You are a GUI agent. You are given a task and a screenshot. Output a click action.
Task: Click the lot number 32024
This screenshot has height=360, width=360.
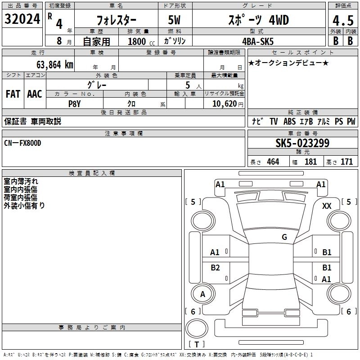coord(22,19)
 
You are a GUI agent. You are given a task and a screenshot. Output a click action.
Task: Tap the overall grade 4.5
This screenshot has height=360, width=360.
coord(343,20)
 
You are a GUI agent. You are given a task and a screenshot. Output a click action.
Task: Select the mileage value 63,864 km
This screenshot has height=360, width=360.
coord(55,65)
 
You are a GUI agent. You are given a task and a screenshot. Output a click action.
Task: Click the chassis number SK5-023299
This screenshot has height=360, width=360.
coord(302,143)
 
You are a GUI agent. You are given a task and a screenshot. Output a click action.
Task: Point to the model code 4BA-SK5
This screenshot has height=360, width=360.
coord(258,41)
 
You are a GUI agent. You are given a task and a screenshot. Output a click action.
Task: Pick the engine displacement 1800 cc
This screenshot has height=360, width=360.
coord(141,41)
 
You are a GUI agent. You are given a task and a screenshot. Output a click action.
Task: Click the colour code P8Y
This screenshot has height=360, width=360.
coord(74,104)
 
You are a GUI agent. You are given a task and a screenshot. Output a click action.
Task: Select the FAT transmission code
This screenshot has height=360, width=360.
coord(13,94)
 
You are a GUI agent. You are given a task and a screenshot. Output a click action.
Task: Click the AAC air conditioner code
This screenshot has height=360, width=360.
coord(35,94)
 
